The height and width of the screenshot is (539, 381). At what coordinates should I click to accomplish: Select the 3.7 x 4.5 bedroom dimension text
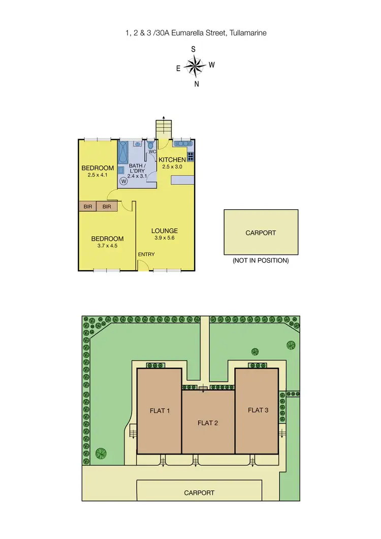point(107,246)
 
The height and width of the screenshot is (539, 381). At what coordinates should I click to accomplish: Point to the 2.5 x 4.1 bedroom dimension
point(97,175)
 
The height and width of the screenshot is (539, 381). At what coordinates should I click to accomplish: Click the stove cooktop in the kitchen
point(190,155)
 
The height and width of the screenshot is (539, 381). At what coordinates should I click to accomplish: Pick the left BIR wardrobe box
point(88,207)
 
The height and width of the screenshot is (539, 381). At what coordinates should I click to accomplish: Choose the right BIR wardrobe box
point(107,207)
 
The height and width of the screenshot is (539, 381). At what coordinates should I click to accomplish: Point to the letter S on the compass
point(193,49)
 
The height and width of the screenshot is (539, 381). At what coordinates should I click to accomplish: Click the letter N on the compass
point(197,84)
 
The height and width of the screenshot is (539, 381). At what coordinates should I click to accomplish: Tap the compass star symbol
point(194,66)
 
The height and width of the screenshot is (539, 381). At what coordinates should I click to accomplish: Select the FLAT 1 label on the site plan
point(160,410)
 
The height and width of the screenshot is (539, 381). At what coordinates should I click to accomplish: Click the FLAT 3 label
point(258,410)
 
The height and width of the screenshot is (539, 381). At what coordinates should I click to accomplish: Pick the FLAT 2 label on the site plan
point(208,422)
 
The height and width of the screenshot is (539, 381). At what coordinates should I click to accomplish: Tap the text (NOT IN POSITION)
point(261,261)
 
